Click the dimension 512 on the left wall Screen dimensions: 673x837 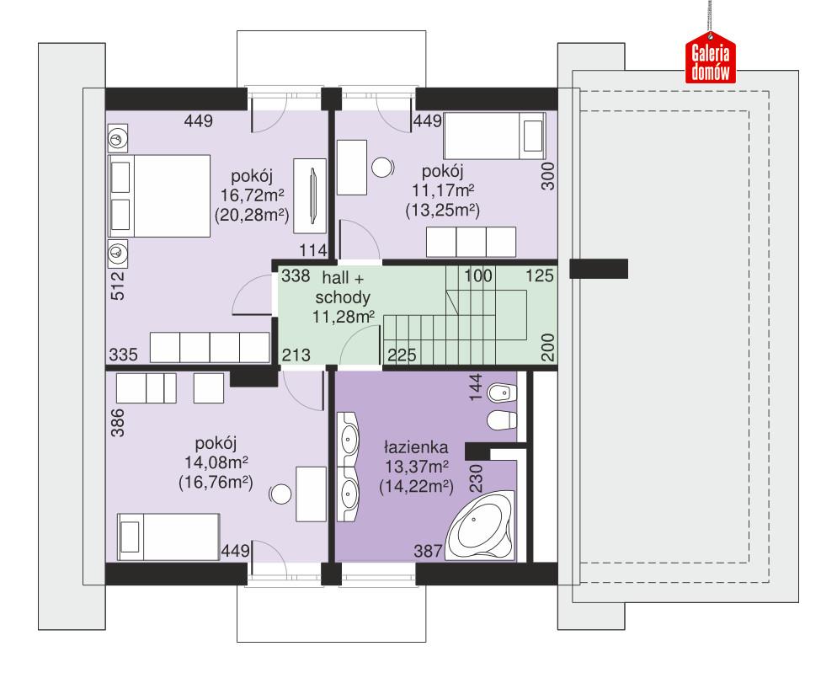[117, 285]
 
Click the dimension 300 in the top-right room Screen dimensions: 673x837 [548, 176]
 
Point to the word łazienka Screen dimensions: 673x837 [416, 447]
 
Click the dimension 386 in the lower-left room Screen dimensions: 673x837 [117, 424]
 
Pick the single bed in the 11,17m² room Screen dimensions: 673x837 [494, 135]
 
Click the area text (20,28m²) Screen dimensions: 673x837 [253, 215]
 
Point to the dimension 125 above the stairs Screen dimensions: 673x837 [540, 275]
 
